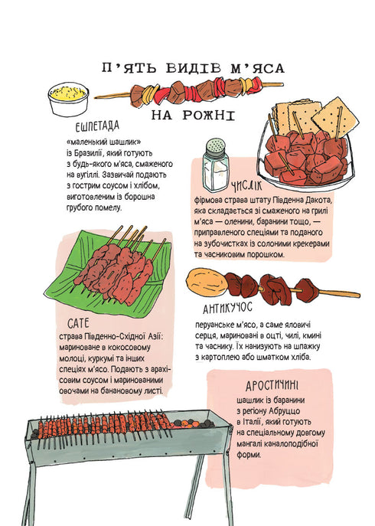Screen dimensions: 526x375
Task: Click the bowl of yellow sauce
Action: [68, 99]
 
